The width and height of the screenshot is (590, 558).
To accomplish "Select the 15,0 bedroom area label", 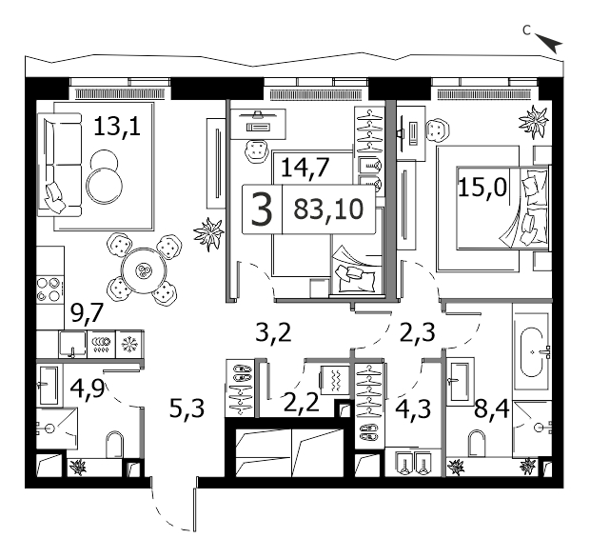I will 481,187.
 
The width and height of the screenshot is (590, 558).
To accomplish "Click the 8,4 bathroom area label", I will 492,409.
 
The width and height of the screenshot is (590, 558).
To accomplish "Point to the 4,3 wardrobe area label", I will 412,409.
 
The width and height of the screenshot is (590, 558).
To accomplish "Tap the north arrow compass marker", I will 550,41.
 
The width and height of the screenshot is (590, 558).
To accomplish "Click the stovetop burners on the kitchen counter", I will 49,289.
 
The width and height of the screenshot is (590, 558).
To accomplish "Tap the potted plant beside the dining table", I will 207,232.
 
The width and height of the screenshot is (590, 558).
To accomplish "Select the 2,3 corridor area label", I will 416,332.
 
